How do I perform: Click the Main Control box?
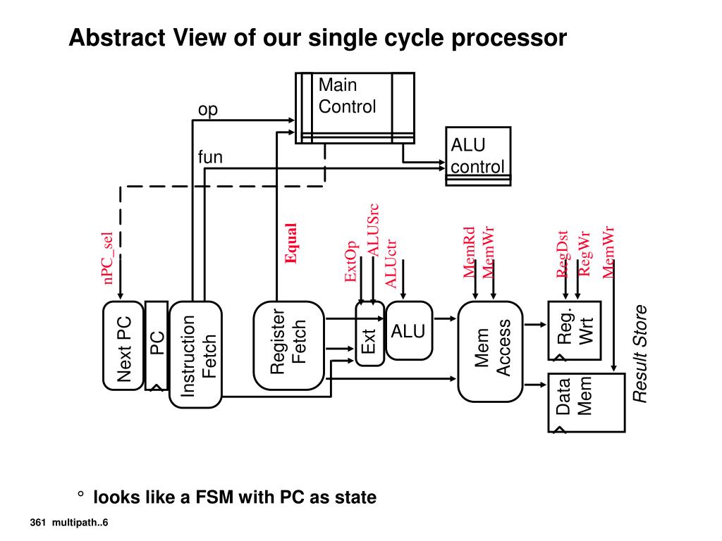click(x=355, y=107)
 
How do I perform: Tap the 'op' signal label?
click(x=208, y=110)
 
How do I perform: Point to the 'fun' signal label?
click(x=210, y=157)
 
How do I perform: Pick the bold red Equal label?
click(x=290, y=243)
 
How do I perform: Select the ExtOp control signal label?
click(x=350, y=261)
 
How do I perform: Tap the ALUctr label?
click(x=391, y=263)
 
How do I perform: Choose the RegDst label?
click(x=563, y=254)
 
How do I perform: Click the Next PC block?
click(x=124, y=346)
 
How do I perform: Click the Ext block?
click(x=369, y=334)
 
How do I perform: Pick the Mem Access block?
click(x=492, y=350)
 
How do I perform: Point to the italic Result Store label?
click(x=640, y=354)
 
